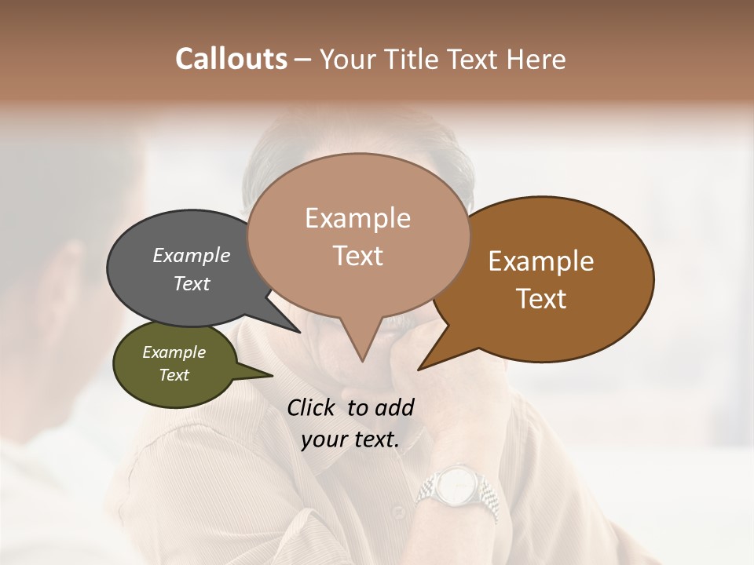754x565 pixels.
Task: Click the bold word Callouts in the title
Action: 231,59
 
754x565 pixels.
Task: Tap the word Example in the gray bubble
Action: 192,255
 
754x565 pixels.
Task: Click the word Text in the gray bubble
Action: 192,283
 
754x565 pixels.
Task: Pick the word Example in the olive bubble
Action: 174,352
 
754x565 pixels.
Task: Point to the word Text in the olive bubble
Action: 174,375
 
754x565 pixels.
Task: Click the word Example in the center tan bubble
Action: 357,218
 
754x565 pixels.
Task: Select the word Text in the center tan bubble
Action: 357,256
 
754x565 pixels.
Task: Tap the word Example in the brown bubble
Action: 541,261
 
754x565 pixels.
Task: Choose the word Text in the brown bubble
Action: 541,299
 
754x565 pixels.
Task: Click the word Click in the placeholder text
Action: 313,407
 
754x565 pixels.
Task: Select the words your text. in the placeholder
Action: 350,440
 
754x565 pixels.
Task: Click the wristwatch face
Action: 454,487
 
